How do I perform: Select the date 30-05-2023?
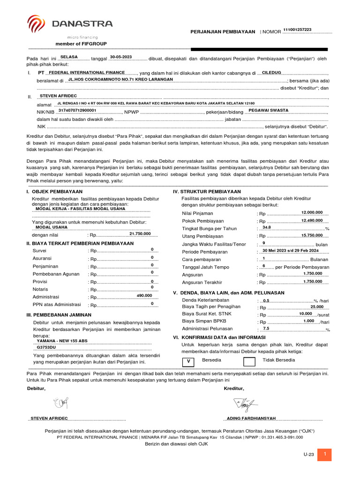[x=121, y=57]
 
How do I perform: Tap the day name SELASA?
[x=69, y=57]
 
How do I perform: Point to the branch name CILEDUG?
[x=271, y=73]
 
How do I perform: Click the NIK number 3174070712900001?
[x=77, y=111]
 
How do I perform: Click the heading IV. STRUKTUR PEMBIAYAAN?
[x=207, y=192]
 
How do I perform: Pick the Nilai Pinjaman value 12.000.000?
[x=312, y=212]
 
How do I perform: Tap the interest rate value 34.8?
[x=267, y=227]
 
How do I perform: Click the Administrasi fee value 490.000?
[x=144, y=296]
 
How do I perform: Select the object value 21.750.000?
[x=140, y=233]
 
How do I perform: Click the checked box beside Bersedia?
[x=188, y=361]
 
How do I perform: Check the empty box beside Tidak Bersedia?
[x=249, y=361]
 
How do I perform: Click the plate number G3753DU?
[x=46, y=348]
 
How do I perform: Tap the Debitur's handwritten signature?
[x=60, y=403]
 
